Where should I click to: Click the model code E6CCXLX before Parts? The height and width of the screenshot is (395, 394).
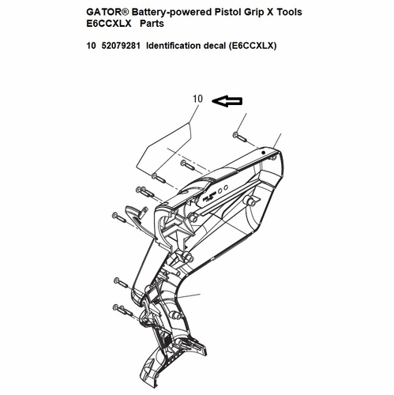(x=109, y=24)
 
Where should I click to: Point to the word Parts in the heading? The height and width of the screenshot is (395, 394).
(x=152, y=24)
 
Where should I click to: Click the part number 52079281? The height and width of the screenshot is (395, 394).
(x=121, y=46)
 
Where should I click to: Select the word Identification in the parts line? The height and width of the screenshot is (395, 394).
(x=173, y=46)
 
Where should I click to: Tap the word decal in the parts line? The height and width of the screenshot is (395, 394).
(x=214, y=46)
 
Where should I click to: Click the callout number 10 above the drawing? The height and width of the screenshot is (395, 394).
(x=198, y=99)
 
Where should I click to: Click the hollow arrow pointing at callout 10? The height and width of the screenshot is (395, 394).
(x=227, y=101)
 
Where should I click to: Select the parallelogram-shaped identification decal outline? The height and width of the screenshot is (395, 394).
(x=163, y=150)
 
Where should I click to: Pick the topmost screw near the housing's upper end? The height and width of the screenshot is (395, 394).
(x=240, y=137)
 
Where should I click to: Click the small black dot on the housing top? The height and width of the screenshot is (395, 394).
(x=263, y=152)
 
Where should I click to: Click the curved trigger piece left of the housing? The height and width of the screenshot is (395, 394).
(x=137, y=219)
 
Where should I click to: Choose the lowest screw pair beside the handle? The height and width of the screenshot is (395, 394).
(x=122, y=310)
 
